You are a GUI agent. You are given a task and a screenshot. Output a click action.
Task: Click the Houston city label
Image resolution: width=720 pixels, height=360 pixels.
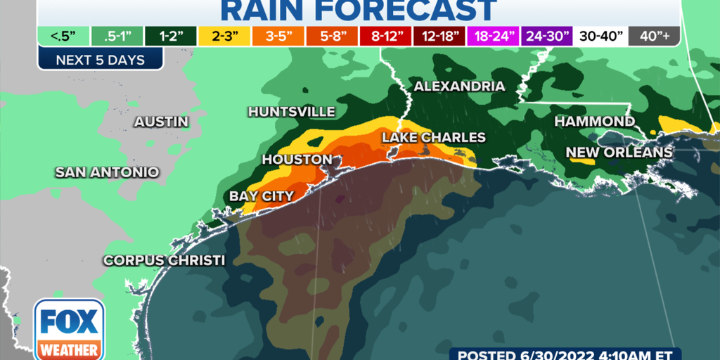(x=297, y=160)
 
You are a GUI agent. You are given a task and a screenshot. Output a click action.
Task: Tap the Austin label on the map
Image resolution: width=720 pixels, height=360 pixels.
(x=162, y=122)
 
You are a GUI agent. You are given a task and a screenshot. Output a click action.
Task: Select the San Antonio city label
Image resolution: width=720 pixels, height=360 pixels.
(x=107, y=172)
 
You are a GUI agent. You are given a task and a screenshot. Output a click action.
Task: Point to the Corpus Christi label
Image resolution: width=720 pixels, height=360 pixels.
(x=164, y=260)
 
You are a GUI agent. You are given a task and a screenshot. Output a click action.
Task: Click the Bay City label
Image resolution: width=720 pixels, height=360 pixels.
(x=262, y=196)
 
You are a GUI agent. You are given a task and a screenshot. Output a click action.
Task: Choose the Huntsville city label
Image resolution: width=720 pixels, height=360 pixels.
(x=291, y=112)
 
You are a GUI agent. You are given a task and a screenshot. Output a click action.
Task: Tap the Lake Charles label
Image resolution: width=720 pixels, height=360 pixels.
(x=434, y=137)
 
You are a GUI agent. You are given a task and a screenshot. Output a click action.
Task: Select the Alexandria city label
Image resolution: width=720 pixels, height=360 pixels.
(x=459, y=86)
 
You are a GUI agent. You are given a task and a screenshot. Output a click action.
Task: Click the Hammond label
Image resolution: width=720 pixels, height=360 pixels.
(x=594, y=122)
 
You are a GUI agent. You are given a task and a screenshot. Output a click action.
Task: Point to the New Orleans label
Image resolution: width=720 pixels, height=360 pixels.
(x=619, y=152)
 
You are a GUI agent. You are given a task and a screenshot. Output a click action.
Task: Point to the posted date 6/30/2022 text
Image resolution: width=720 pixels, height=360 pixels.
(x=583, y=353)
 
